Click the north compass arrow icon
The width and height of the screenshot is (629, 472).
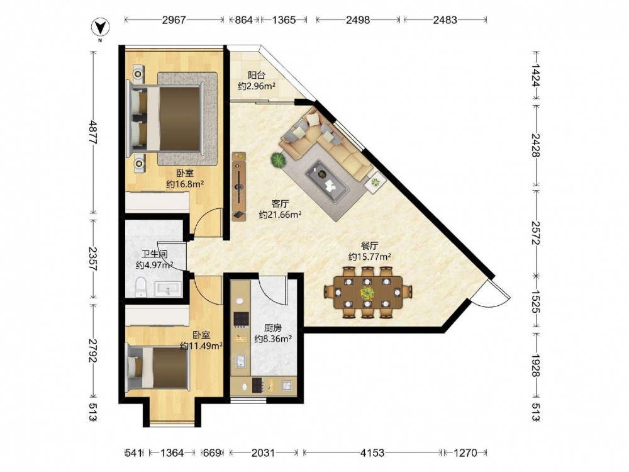tap(101, 27)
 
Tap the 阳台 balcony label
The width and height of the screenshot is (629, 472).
tap(257, 75)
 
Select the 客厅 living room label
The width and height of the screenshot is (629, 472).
tap(280, 204)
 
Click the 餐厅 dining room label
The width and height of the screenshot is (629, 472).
tap(369, 245)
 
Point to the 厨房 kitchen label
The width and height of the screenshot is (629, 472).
tap(273, 329)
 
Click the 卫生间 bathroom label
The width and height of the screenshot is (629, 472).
tap(155, 254)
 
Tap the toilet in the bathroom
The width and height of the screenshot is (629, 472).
tap(141, 287)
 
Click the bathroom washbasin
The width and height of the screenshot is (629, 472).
tap(168, 289)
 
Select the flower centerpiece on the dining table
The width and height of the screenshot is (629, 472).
tap(367, 293)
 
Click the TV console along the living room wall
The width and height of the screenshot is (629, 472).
tap(238, 186)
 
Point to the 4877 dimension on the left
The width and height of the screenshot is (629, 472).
tap(94, 132)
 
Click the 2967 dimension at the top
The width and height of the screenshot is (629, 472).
tap(174, 20)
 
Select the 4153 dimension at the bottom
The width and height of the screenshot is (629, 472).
tap(372, 453)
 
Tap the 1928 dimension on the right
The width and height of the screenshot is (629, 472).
tap(536, 365)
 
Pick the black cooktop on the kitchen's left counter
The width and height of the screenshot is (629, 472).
tap(241, 319)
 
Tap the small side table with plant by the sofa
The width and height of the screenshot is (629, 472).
tap(376, 183)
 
